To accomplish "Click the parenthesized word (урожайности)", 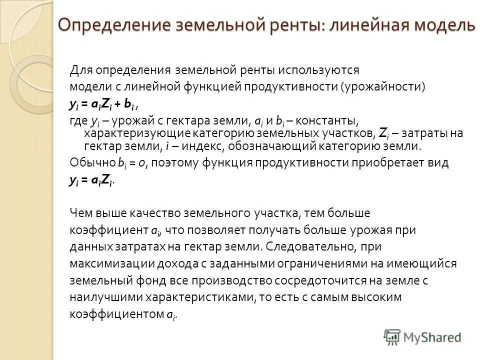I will tap(383, 86).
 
